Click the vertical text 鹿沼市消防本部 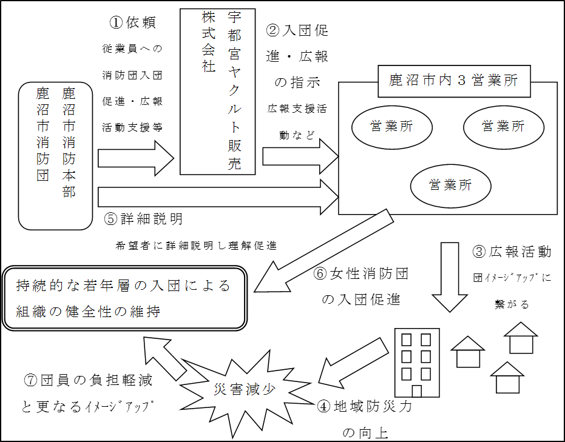click(69, 143)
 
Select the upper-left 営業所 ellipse click(391, 127)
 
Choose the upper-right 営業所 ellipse click(503, 127)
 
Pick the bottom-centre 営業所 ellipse click(450, 186)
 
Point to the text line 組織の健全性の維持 click(89, 312)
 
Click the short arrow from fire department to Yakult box click(135, 159)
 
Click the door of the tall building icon click(416, 390)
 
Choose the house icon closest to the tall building click(468, 352)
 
